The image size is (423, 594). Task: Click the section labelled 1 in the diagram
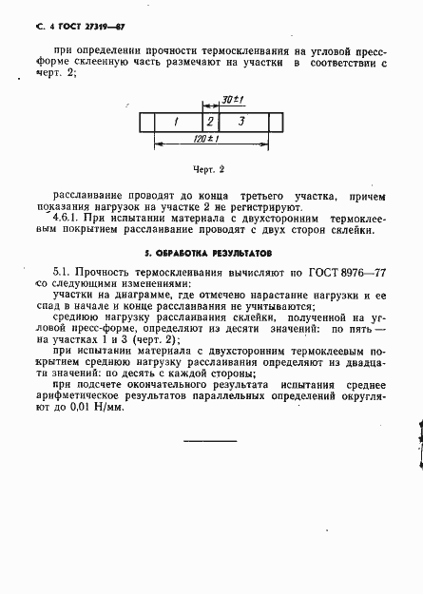(176, 122)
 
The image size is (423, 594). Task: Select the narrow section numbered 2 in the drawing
(209, 122)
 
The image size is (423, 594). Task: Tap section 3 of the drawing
(242, 122)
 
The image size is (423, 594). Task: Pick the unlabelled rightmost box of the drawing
(276, 122)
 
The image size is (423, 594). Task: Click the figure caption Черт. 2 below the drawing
(207, 170)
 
